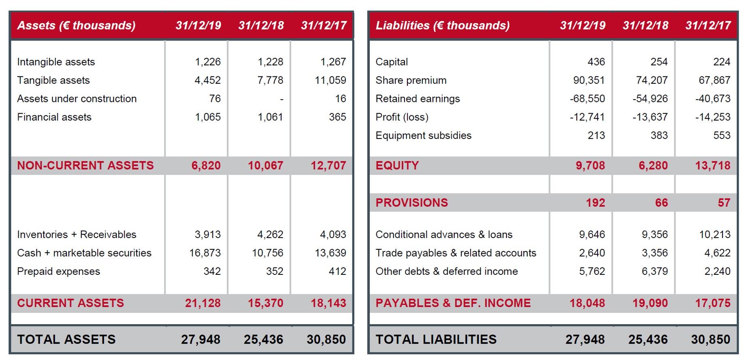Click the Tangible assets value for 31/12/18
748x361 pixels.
[x=270, y=81]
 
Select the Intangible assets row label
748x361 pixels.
[x=56, y=62]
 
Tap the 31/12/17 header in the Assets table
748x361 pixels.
[x=324, y=25]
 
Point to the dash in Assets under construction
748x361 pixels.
[x=282, y=99]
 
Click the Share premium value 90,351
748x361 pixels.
[x=589, y=81]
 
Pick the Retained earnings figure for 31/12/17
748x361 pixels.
[x=713, y=99]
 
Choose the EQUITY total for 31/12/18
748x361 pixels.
[x=653, y=166]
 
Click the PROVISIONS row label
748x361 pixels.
[x=412, y=203]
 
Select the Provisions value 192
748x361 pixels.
[x=595, y=203]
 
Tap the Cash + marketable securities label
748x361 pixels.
[x=84, y=253]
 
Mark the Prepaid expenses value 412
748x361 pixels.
[x=337, y=271]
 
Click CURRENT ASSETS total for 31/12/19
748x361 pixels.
[x=203, y=303]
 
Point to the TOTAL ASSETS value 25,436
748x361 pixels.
[x=263, y=339]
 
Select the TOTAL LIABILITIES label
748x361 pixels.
[x=436, y=339]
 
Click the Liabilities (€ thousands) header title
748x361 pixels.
[x=443, y=25]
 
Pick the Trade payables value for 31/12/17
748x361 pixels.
[x=717, y=253]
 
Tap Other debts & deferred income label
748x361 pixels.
[x=447, y=271]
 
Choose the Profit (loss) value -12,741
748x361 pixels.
[x=587, y=117]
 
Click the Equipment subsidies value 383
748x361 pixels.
[x=659, y=136]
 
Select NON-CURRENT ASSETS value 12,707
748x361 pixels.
[x=328, y=166]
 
